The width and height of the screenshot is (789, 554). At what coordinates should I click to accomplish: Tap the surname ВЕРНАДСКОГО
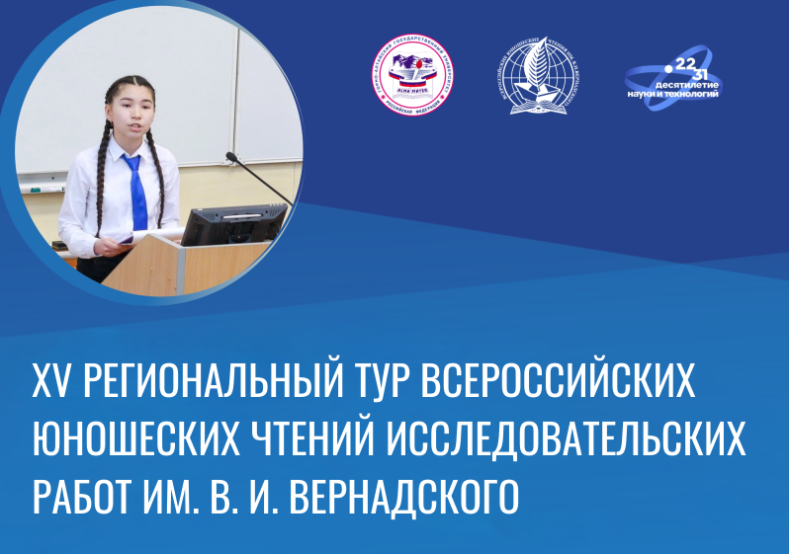[x=405, y=495]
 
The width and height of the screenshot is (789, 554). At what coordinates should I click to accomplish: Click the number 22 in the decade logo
[x=680, y=61]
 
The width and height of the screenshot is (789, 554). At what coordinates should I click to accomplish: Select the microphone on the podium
[x=259, y=178]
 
